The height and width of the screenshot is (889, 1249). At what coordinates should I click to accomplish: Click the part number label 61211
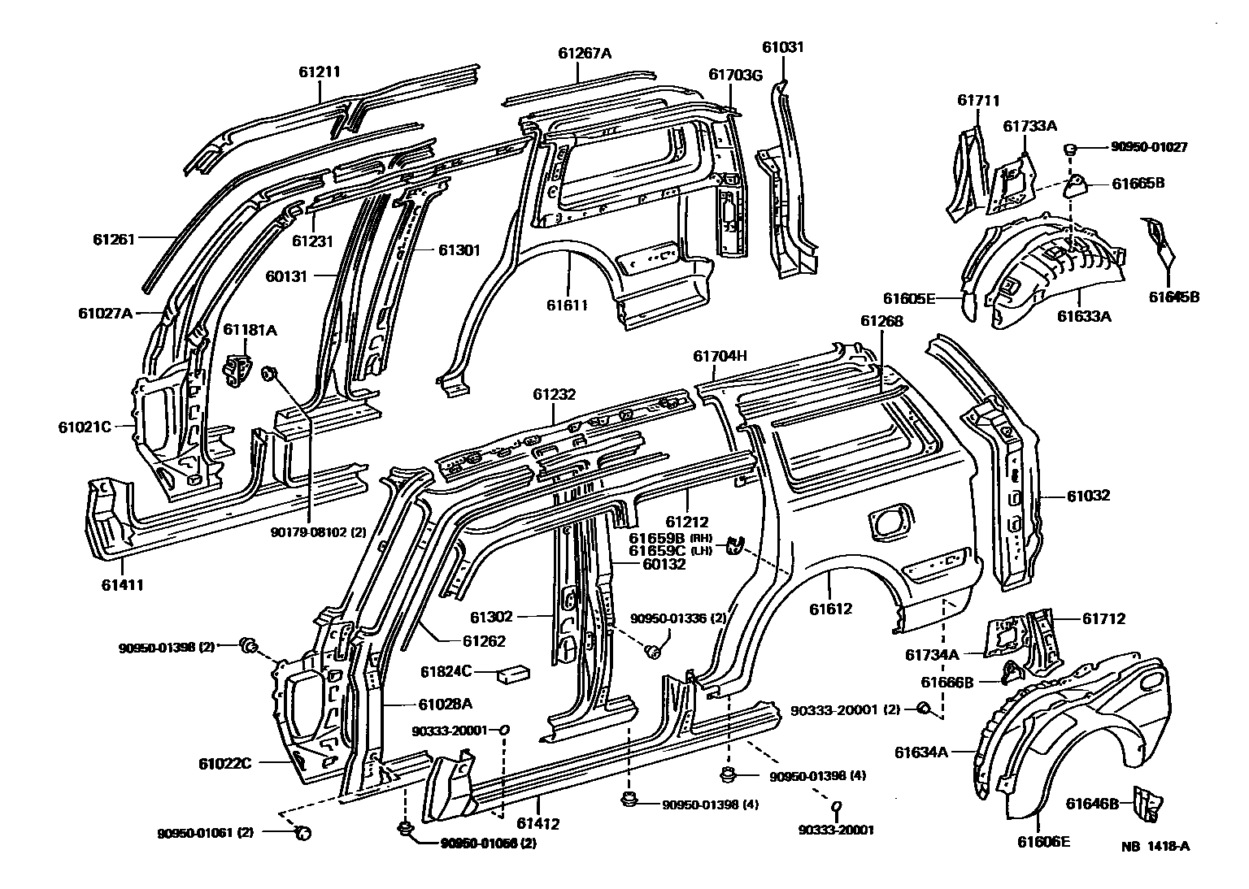click(319, 72)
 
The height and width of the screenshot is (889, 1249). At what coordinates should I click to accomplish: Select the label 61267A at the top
click(585, 54)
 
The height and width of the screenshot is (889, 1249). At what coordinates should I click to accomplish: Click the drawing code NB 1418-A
click(1155, 846)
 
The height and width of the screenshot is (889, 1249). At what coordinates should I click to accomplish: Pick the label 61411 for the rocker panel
click(124, 583)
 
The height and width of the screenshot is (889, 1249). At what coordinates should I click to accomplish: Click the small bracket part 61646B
click(1147, 803)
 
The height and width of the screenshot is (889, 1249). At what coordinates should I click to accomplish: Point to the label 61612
click(830, 609)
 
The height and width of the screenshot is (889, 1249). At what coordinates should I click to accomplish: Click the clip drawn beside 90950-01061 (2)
click(302, 832)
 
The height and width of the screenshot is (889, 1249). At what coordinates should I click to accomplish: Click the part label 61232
click(555, 395)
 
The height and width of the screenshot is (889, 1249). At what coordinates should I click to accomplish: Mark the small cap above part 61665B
click(1071, 149)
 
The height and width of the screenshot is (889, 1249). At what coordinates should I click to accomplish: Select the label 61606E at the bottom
click(1043, 841)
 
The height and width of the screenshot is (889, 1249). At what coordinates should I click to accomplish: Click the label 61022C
click(224, 763)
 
